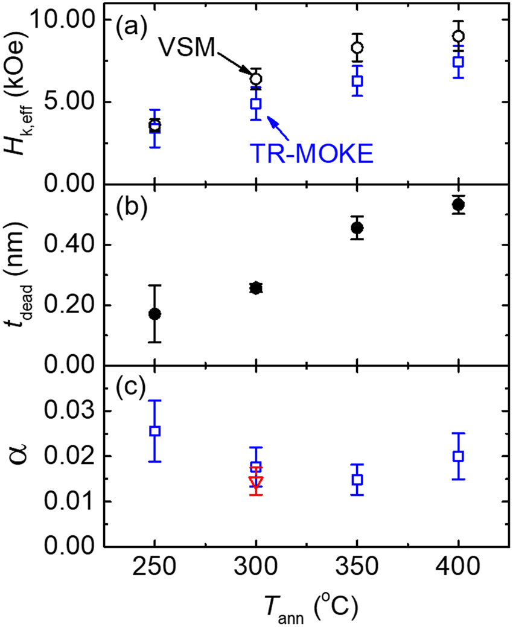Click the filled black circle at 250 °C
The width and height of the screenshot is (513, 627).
tap(155, 314)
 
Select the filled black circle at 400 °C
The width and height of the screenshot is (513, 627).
tap(458, 205)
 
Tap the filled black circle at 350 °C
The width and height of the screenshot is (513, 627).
tap(357, 228)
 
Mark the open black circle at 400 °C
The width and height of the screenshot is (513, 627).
tap(458, 36)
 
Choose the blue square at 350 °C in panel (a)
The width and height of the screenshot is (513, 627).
tap(357, 81)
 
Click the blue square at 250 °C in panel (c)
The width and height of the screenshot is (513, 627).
tap(155, 431)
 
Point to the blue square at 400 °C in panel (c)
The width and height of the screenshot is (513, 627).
tap(458, 456)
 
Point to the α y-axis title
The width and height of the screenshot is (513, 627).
tap(24, 456)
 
